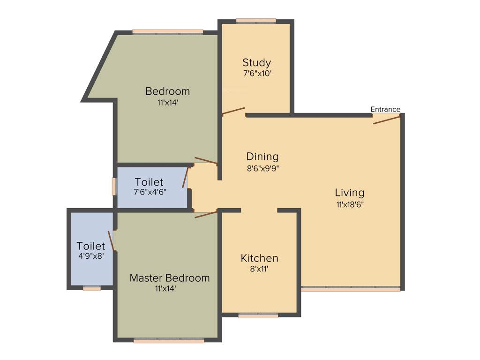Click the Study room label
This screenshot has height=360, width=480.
256,62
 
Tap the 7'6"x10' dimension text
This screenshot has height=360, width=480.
257,74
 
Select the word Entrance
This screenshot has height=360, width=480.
385,109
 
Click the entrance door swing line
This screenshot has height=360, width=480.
387,120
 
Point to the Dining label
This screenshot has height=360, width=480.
262,157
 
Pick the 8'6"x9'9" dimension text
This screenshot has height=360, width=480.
263,168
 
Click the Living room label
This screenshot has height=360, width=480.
349,193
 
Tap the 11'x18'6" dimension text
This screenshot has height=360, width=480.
350,204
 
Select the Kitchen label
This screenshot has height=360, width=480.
259,258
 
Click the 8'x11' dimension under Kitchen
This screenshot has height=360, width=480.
259,270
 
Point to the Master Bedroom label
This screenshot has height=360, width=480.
169,278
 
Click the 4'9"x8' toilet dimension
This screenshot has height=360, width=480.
90,256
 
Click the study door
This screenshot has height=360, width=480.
233,111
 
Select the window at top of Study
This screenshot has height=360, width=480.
256,21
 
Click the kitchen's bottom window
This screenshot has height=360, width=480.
258,316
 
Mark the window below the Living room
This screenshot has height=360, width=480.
351,289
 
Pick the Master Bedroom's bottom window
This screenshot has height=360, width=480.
169,341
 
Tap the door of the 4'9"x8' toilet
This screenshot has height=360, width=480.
111,241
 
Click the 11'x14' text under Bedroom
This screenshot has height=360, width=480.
168,102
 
